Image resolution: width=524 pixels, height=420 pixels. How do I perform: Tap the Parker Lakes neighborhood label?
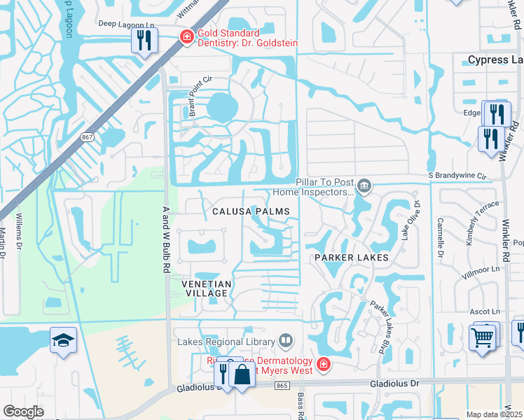point(350,258)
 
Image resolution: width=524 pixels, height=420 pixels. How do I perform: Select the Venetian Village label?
point(205,288)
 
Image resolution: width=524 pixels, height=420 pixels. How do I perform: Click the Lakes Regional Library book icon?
point(286,341)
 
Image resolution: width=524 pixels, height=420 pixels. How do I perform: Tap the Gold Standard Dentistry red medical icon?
point(186,36)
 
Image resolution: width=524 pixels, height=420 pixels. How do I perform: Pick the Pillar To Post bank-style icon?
point(364,186)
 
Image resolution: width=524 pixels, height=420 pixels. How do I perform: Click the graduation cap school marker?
point(63,342)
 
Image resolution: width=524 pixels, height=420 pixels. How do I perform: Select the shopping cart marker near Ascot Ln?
point(483,337)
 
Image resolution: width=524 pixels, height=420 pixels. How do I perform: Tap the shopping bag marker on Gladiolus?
point(242,374)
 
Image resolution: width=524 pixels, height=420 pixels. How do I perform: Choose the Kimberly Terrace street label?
point(483,220)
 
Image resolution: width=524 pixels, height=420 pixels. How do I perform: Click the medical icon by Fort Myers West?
point(324,363)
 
